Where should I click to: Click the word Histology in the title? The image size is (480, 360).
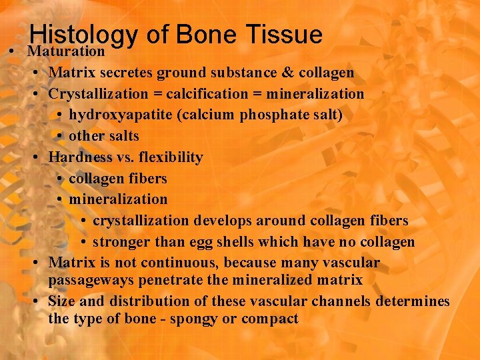tap(83, 35)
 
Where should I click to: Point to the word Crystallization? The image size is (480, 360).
tap(96, 94)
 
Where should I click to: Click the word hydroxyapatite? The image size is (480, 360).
tap(121, 115)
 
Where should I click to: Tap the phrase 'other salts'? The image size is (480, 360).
tap(104, 136)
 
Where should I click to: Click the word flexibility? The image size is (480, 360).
tap(170, 157)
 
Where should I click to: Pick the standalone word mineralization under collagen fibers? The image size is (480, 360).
tap(118, 199)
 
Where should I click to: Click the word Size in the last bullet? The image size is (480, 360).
tap(62, 301)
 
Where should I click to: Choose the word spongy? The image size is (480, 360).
tap(194, 319)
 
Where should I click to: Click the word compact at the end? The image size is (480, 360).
tap(270, 319)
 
